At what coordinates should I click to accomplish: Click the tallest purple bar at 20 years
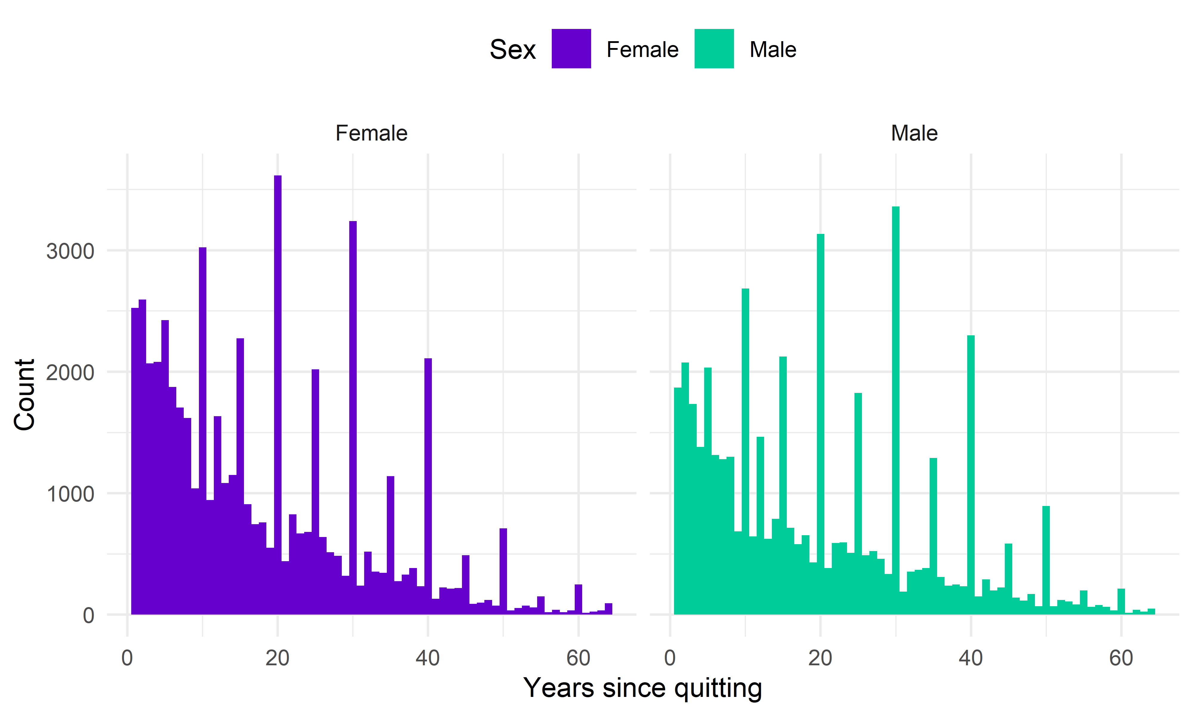click(278, 396)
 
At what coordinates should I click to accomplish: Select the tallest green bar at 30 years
click(896, 410)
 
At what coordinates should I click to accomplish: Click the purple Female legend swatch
click(571, 49)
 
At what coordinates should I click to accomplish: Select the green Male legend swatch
click(714, 49)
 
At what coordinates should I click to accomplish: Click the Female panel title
click(371, 133)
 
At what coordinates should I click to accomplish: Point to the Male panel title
click(914, 133)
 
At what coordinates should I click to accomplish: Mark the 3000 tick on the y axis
click(70, 251)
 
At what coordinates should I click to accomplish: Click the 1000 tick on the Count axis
click(70, 494)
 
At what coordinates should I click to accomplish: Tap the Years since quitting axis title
click(643, 688)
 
